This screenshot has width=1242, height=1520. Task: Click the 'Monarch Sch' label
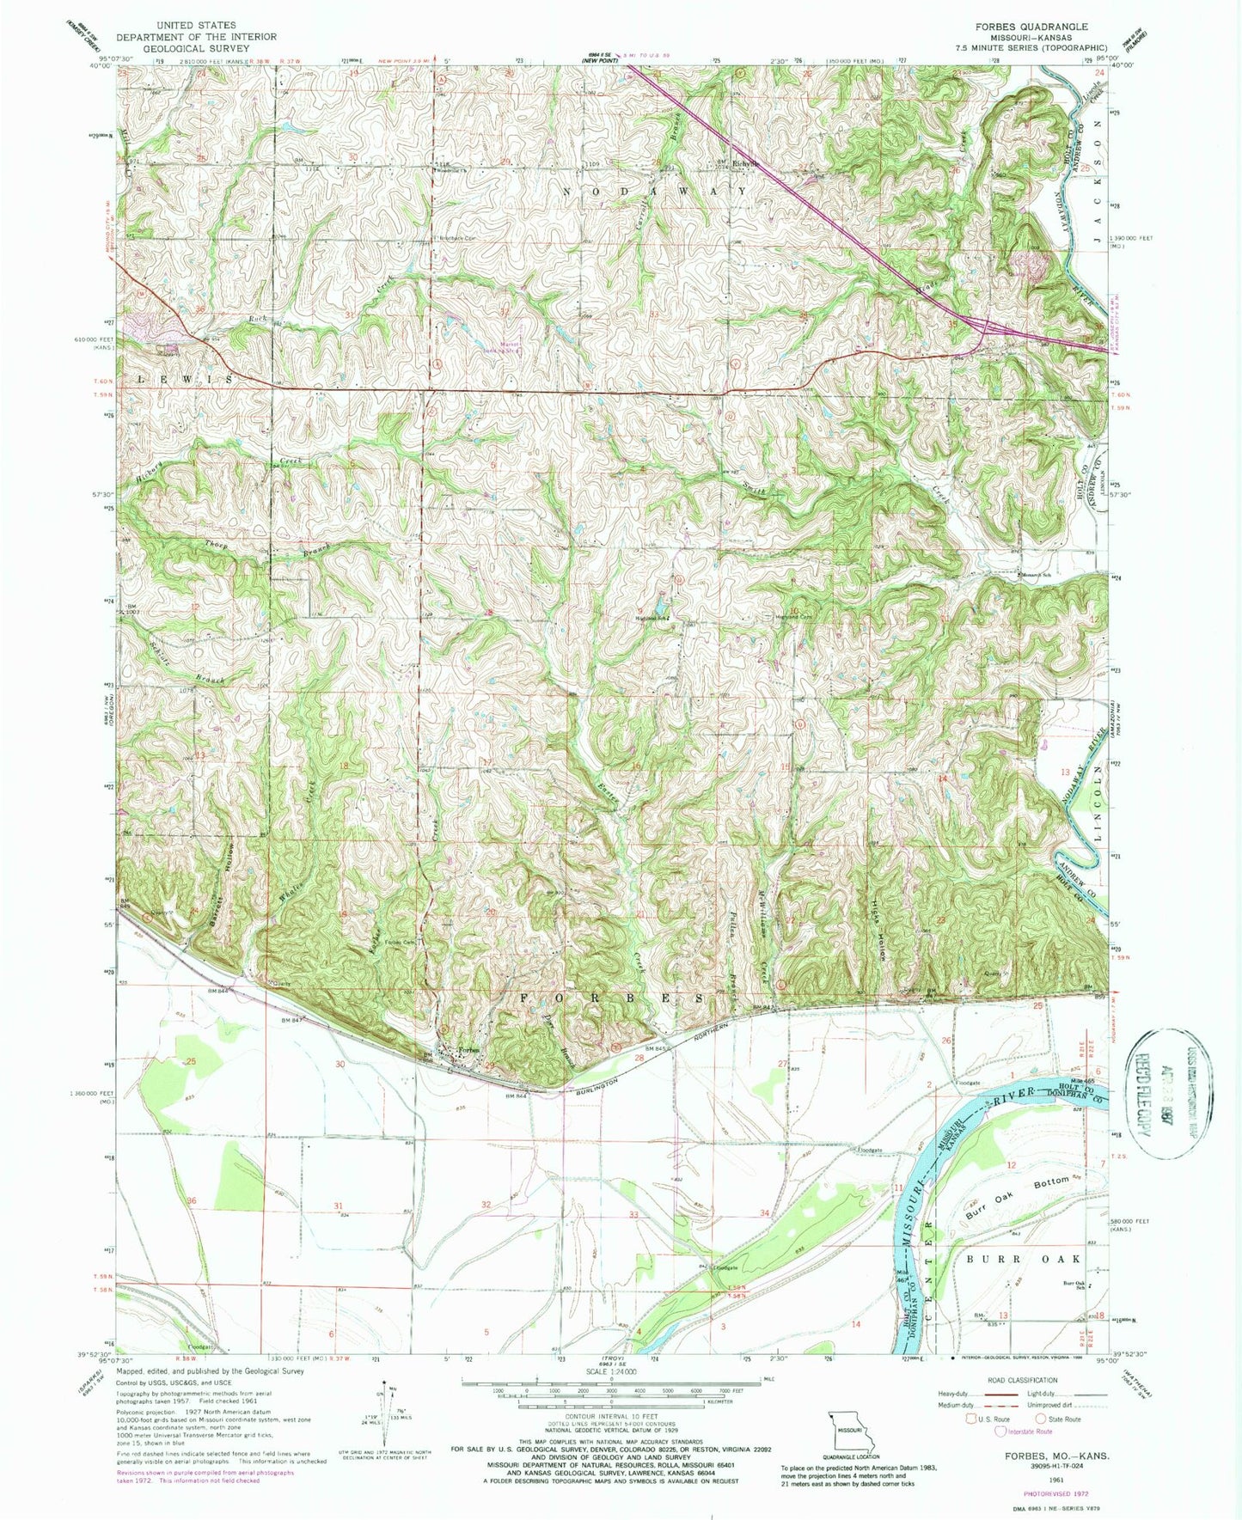[1037, 575]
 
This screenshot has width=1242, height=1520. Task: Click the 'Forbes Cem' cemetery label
[399, 943]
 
